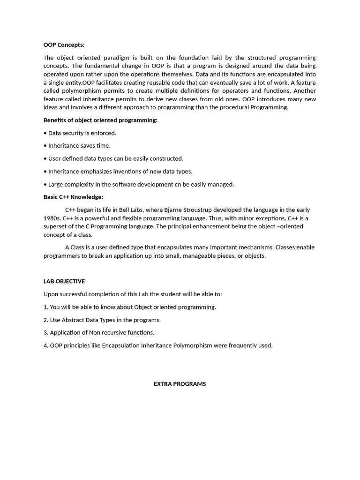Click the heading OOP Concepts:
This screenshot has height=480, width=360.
tap(64, 45)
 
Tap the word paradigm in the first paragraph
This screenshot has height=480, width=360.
tap(115, 58)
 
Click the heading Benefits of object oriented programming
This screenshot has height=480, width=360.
tap(100, 120)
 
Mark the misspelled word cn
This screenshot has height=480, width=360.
tap(178, 184)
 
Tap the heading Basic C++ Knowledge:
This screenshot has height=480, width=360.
tap(73, 197)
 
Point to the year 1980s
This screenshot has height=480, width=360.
tap(52, 218)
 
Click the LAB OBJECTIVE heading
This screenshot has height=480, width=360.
tap(64, 281)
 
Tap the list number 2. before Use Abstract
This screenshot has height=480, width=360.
tap(46, 320)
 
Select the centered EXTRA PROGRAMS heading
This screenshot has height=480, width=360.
tap(180, 384)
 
